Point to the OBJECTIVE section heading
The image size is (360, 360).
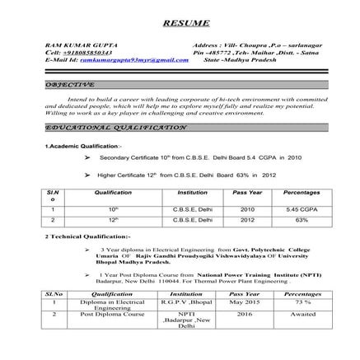[71, 85]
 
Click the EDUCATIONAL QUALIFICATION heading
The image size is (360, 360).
[116, 128]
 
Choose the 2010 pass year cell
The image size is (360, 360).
[248, 209]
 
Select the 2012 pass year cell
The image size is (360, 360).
[248, 220]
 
